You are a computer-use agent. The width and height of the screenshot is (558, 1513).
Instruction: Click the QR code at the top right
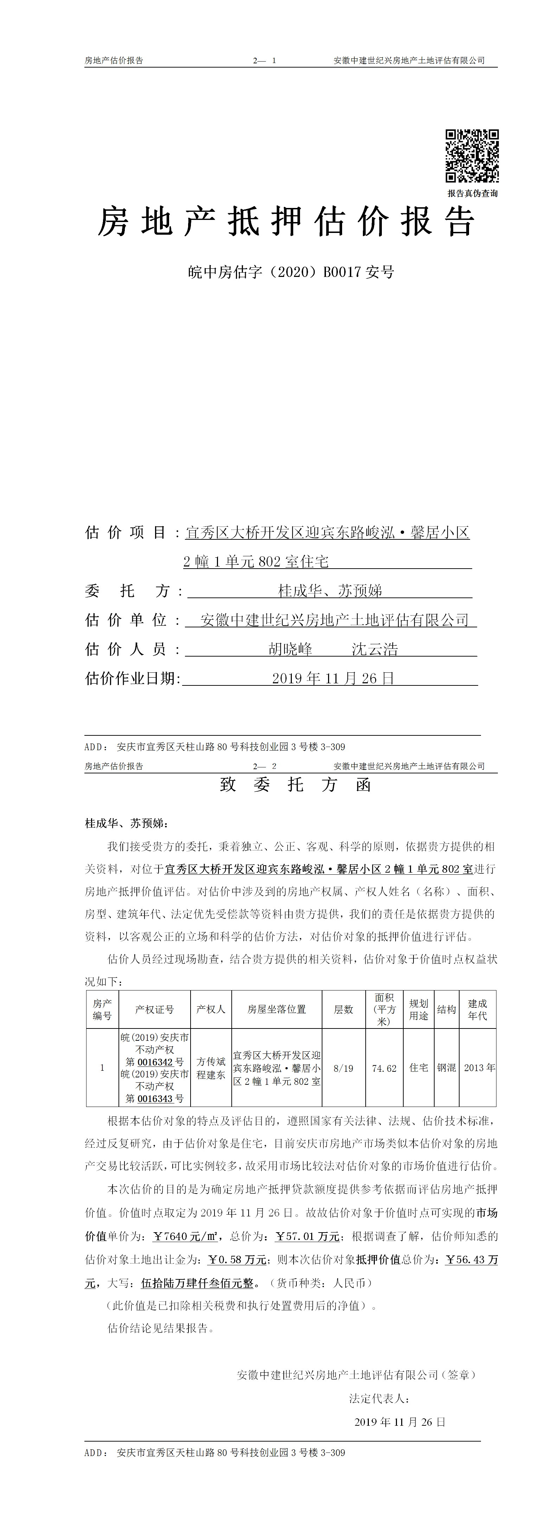pos(472,156)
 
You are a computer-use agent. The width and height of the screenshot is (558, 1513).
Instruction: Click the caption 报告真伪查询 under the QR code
pos(472,193)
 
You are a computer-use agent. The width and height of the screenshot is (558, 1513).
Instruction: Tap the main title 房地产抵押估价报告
pos(286,222)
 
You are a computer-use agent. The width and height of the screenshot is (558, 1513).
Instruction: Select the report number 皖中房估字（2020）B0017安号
pos(291,272)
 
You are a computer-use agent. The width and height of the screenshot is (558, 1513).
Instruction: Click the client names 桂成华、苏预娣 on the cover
pos(330,590)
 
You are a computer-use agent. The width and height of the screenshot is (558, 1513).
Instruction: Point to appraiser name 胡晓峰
pos(290,649)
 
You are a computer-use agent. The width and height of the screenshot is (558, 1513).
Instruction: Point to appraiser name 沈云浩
pos(375,649)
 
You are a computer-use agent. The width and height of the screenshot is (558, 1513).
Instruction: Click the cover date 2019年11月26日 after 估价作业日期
pos(333,678)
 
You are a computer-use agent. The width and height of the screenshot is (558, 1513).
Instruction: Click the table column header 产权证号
pos(154,1009)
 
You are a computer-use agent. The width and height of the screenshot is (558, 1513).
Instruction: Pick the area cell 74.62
pos(384,1068)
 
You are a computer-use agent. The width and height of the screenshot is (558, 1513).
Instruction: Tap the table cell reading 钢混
pos(447,1068)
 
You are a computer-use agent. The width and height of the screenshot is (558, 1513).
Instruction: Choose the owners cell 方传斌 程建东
pos(211,1068)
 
